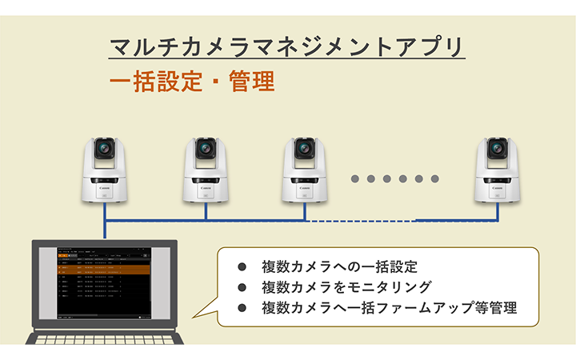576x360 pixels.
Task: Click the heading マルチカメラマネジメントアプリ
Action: [x=286, y=46]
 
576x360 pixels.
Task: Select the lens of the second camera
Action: [x=206, y=149]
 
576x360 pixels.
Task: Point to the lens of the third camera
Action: [x=304, y=149]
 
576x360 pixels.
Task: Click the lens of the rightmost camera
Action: [x=497, y=149]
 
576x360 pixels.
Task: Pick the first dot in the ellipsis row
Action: [x=355, y=178]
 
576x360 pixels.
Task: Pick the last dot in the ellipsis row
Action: [x=435, y=178]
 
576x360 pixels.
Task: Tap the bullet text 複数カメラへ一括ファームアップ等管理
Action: [x=389, y=307]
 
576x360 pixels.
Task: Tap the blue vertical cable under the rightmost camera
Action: [x=497, y=210]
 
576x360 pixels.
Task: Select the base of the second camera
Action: [x=206, y=194]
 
